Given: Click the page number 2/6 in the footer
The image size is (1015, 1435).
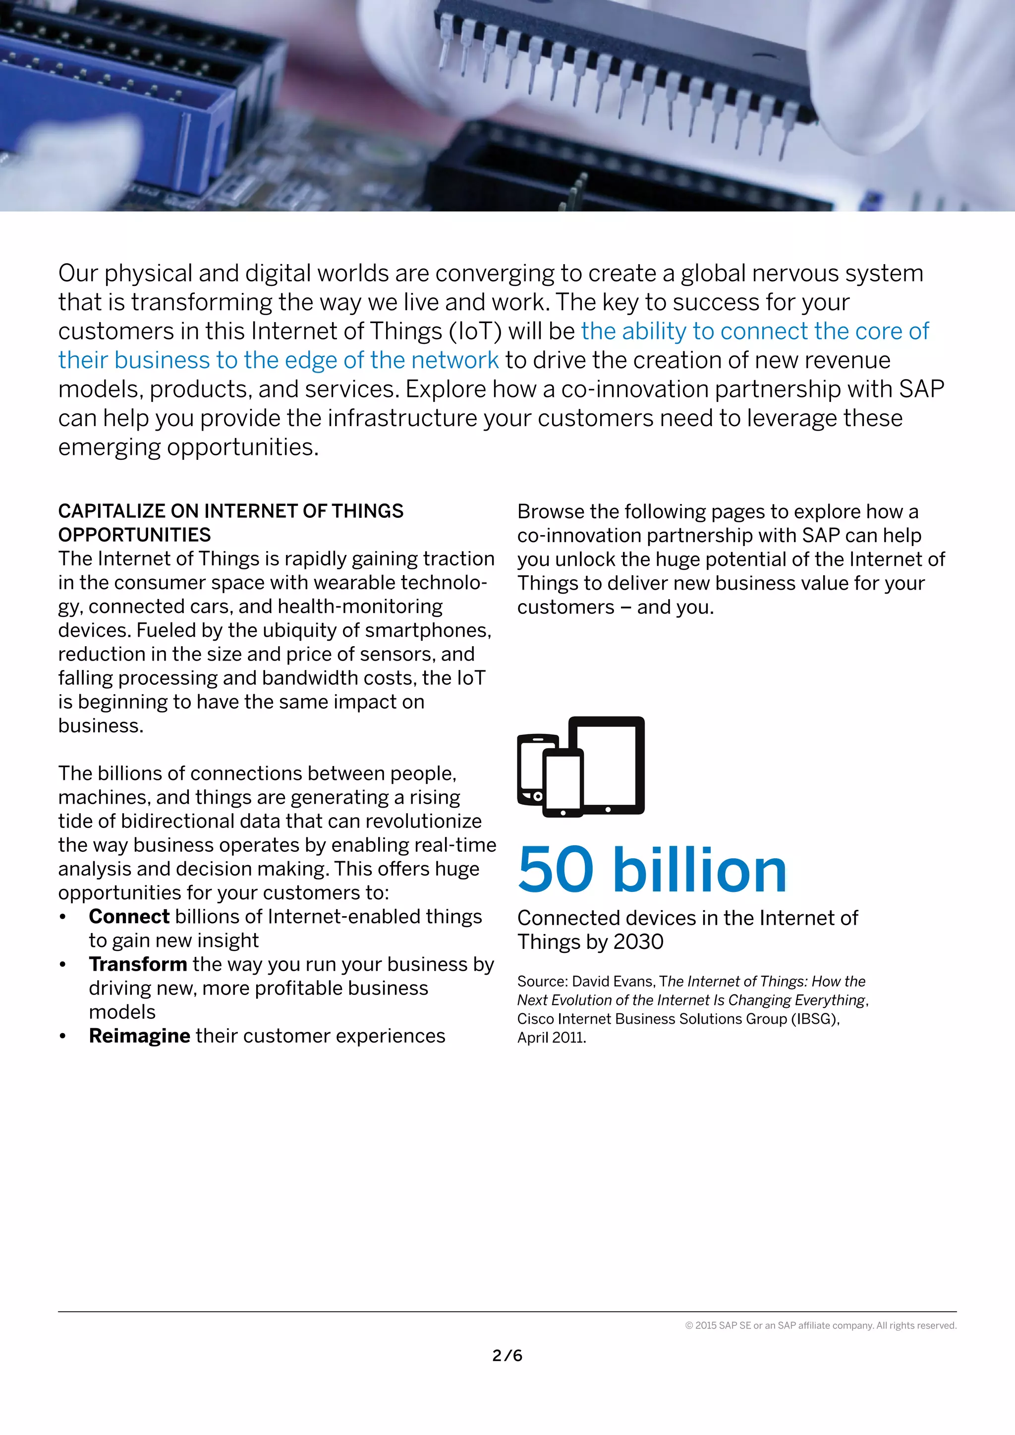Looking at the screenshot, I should pos(507,1355).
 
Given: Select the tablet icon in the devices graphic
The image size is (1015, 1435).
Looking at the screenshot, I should pos(606,765).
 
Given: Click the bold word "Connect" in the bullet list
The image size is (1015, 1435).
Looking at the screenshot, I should pos(129,916).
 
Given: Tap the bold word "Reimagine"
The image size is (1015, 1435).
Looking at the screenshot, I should pos(139,1036).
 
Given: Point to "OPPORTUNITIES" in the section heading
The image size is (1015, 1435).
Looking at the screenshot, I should pos(134,535).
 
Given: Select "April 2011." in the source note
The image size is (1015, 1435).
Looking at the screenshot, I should pos(551,1038).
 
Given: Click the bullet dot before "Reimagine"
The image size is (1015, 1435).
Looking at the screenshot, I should pos(62,1036).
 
